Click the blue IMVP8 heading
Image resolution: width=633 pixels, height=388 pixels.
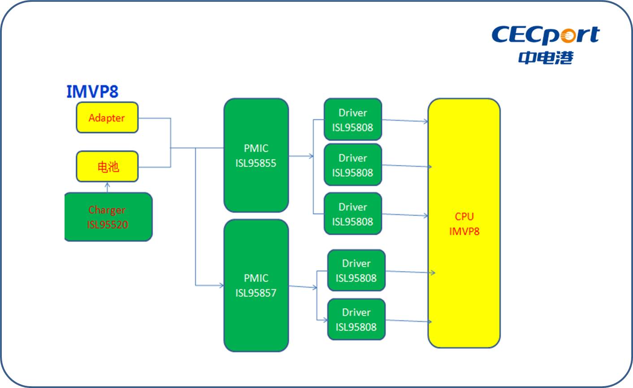pyautogui.click(x=92, y=91)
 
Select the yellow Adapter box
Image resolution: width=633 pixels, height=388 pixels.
pyautogui.click(x=107, y=118)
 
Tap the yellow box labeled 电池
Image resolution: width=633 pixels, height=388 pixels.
pyautogui.click(x=107, y=167)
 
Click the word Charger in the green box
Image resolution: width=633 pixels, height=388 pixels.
pyautogui.click(x=107, y=210)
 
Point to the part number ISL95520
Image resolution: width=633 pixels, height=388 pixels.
pyautogui.click(x=108, y=224)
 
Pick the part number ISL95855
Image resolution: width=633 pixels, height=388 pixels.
pyautogui.click(x=256, y=163)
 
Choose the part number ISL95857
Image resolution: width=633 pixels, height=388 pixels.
pyautogui.click(x=256, y=293)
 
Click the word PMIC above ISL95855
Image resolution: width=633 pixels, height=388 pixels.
pyautogui.click(x=256, y=148)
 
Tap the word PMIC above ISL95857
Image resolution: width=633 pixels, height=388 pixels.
pyautogui.click(x=256, y=278)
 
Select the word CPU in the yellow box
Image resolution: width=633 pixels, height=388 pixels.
pyautogui.click(x=464, y=216)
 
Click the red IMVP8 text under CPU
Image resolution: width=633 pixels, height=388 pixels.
pyautogui.click(x=464, y=231)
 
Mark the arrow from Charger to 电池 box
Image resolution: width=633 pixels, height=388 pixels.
pyautogui.click(x=107, y=187)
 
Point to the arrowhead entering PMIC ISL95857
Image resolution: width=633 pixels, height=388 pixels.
pyautogui.click(x=221, y=285)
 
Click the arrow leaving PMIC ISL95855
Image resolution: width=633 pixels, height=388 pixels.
pyautogui.click(x=301, y=156)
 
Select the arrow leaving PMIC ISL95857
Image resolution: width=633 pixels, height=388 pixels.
pyautogui.click(x=303, y=287)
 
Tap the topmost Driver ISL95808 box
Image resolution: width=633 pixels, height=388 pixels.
pyautogui.click(x=353, y=120)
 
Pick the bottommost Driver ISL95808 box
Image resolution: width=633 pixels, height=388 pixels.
pyautogui.click(x=356, y=319)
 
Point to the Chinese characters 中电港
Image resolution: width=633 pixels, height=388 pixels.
pyautogui.click(x=546, y=57)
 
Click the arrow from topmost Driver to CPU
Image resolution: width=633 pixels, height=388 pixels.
pyautogui.click(x=405, y=121)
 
